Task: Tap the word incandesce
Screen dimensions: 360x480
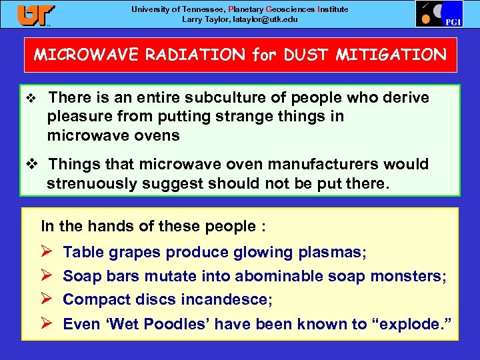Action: pyautogui.click(x=227, y=300)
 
